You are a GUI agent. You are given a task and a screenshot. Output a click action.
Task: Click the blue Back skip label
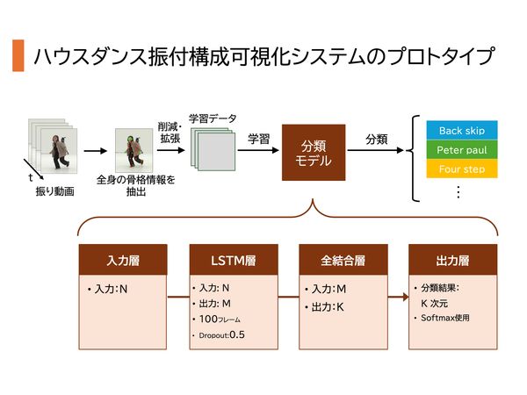(x=462, y=131)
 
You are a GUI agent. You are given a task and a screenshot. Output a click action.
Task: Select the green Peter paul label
(x=462, y=150)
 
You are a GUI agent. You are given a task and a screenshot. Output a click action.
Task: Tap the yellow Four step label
(x=462, y=169)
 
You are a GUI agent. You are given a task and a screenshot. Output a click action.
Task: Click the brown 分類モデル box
(x=313, y=150)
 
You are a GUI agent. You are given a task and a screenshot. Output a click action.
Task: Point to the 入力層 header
(x=123, y=261)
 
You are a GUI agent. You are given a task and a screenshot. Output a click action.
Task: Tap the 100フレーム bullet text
(x=220, y=320)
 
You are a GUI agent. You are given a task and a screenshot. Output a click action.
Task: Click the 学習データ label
(x=213, y=118)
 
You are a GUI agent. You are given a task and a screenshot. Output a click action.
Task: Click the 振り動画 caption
(x=55, y=190)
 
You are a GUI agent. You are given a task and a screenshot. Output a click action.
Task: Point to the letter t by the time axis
(x=30, y=177)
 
